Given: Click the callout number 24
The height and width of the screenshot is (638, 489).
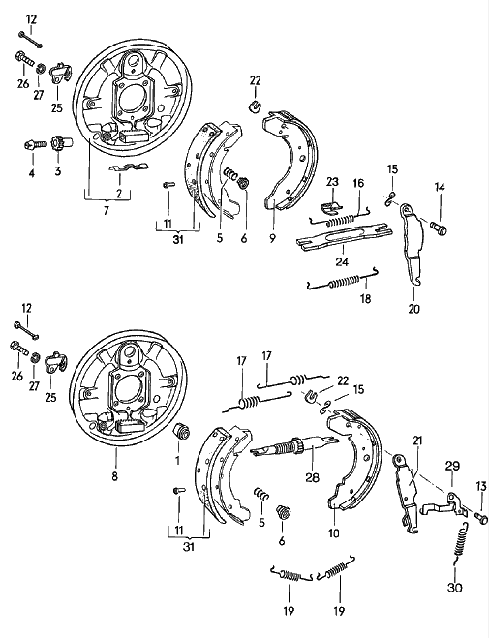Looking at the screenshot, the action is (342, 261).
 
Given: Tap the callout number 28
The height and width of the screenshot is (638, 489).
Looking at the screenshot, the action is (313, 477).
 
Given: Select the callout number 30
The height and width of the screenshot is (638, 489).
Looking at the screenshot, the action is (455, 588).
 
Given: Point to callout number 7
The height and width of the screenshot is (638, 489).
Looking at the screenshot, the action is (107, 211).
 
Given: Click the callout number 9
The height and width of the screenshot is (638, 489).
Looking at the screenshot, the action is (272, 238).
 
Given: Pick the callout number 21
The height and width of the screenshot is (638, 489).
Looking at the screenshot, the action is (417, 441).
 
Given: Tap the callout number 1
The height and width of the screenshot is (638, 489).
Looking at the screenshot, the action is (177, 460).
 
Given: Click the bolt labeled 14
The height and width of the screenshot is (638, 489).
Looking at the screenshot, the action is (439, 226).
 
